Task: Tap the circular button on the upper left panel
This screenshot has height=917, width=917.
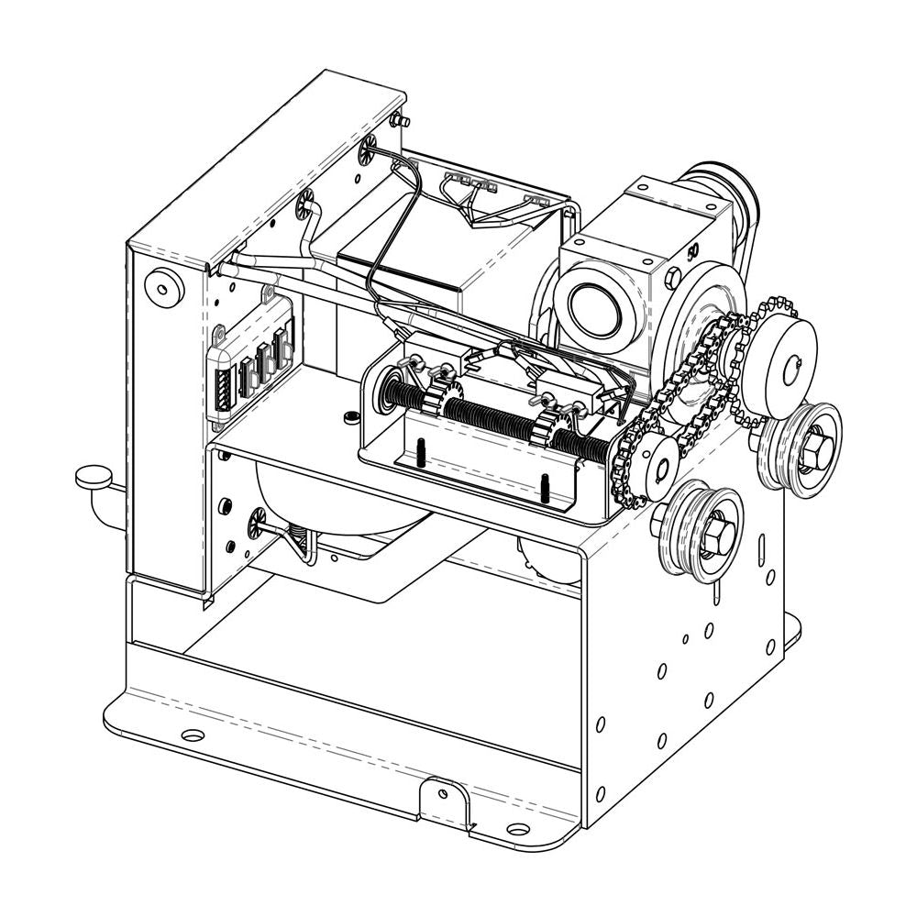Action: click(x=165, y=286)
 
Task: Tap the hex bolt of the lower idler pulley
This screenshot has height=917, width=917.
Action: click(x=713, y=534)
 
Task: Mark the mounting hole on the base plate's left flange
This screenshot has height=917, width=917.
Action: click(x=193, y=735)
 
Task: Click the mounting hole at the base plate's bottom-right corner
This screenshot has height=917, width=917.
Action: click(x=518, y=831)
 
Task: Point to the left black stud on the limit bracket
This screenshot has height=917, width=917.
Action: click(x=419, y=453)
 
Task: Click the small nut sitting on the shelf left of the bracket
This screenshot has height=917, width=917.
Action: click(x=348, y=418)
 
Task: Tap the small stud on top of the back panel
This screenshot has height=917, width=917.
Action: click(x=399, y=119)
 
